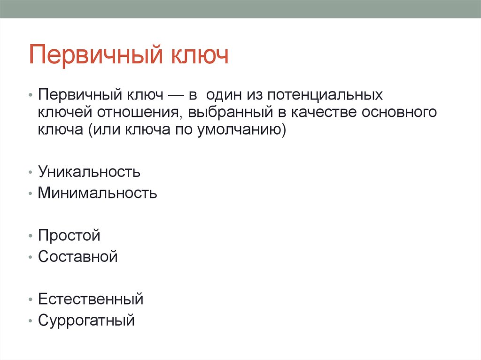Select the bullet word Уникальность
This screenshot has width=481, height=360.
89,172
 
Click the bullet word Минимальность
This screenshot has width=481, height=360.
98,193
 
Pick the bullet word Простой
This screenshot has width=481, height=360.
69,235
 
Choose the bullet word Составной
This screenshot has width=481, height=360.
78,257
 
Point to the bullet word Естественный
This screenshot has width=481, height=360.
91,299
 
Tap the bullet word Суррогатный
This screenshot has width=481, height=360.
86,321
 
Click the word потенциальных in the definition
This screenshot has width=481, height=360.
326,95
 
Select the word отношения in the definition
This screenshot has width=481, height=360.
136,112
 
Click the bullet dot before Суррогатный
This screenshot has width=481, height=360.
30,322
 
